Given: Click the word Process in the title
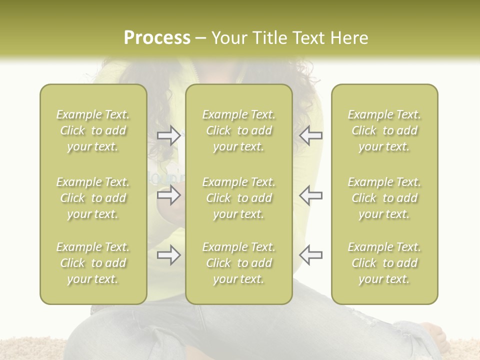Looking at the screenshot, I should pyautogui.click(x=157, y=38).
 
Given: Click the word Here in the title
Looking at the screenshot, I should pyautogui.click(x=349, y=38).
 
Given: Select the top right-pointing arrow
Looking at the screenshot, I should pyautogui.click(x=168, y=135).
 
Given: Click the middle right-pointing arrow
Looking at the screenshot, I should pyautogui.click(x=168, y=195).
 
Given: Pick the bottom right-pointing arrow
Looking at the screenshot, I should pyautogui.click(x=168, y=255).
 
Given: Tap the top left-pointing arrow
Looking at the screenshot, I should pyautogui.click(x=310, y=135).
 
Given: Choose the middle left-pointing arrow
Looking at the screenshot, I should pyautogui.click(x=310, y=195).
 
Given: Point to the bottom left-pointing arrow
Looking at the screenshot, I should pyautogui.click(x=310, y=255).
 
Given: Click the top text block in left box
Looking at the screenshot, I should pyautogui.click(x=93, y=130).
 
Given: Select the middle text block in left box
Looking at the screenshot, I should pyautogui.click(x=93, y=198).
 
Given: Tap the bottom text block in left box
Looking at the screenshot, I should pyautogui.click(x=93, y=263).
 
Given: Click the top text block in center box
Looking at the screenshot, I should pyautogui.click(x=238, y=130).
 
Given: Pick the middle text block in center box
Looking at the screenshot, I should pyautogui.click(x=238, y=198).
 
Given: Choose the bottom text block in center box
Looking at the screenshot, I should pyautogui.click(x=238, y=263).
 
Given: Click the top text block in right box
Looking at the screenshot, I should pyautogui.click(x=384, y=130).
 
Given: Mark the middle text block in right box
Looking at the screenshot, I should pyautogui.click(x=384, y=198).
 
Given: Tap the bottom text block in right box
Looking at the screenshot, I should pyautogui.click(x=384, y=263).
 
